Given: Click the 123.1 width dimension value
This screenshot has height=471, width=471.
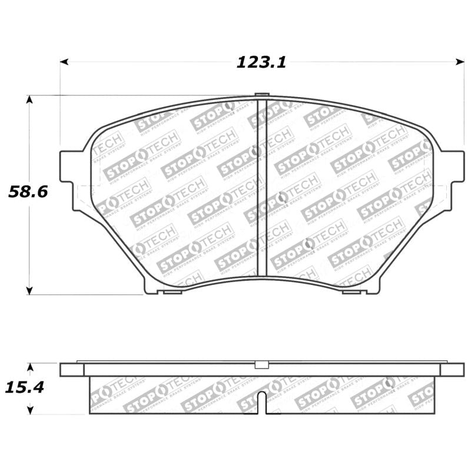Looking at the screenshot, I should [261, 62].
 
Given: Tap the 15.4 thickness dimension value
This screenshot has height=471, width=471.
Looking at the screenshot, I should [25, 387].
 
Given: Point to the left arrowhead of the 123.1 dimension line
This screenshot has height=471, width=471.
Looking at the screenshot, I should [64, 61].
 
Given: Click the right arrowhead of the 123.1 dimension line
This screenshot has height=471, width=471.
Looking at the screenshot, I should [460, 61].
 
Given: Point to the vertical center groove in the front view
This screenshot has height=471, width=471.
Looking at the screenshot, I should [263, 188].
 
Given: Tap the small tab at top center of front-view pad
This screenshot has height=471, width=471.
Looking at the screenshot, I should [263, 95].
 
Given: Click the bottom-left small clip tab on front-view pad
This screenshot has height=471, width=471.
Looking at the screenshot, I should [173, 291].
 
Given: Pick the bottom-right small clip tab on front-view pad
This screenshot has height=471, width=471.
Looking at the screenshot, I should [351, 291].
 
